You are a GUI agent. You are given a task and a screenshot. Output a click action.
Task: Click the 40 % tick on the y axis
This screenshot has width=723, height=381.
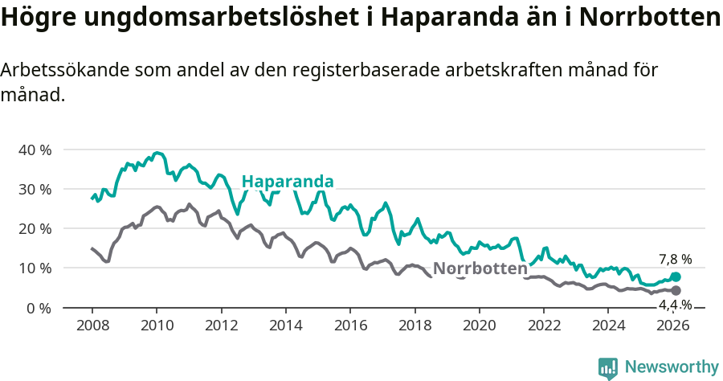(x=35, y=150)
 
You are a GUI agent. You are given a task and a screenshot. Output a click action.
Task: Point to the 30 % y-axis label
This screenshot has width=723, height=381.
(x=35, y=190)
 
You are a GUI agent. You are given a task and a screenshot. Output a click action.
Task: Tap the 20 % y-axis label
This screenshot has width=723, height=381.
(x=35, y=229)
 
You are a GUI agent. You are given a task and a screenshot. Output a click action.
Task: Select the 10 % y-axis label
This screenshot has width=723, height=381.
(x=35, y=268)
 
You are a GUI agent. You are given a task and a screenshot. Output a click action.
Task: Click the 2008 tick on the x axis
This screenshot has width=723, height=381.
(x=92, y=326)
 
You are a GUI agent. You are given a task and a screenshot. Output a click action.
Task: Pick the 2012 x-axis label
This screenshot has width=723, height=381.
(x=221, y=326)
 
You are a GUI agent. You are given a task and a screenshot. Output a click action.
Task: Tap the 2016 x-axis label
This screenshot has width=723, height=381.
(x=350, y=326)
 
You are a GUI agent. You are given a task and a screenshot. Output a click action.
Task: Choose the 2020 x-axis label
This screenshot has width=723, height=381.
(x=480, y=326)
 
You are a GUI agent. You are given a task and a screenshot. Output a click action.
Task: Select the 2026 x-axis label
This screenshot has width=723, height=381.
(x=673, y=326)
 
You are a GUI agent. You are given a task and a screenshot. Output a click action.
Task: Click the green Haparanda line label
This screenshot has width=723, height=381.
(x=287, y=182)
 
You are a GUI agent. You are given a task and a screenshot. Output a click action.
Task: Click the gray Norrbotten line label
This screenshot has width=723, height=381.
(x=480, y=268)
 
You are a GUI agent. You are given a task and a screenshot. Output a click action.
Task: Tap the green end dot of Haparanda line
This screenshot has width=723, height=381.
(x=676, y=277)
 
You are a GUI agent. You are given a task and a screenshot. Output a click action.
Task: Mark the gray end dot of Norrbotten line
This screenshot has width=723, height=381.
(x=676, y=290)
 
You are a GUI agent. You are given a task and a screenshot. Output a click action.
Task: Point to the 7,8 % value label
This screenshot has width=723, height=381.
(x=675, y=260)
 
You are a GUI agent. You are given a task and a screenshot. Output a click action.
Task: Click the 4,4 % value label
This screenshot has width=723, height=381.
(x=675, y=305)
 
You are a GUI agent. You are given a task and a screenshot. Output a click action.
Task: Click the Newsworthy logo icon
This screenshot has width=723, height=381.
(x=608, y=368)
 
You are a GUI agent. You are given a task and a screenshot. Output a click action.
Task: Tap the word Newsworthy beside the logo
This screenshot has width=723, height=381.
(x=672, y=367)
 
